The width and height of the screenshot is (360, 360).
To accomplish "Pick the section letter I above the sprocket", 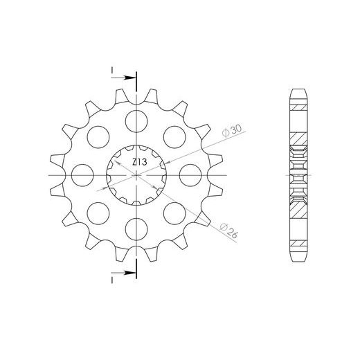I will (110, 71).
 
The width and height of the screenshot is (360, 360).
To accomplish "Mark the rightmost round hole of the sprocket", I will (188, 174).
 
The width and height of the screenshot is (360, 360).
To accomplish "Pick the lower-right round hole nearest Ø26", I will (173, 211).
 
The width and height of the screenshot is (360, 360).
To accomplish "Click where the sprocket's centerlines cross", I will (136, 174).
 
